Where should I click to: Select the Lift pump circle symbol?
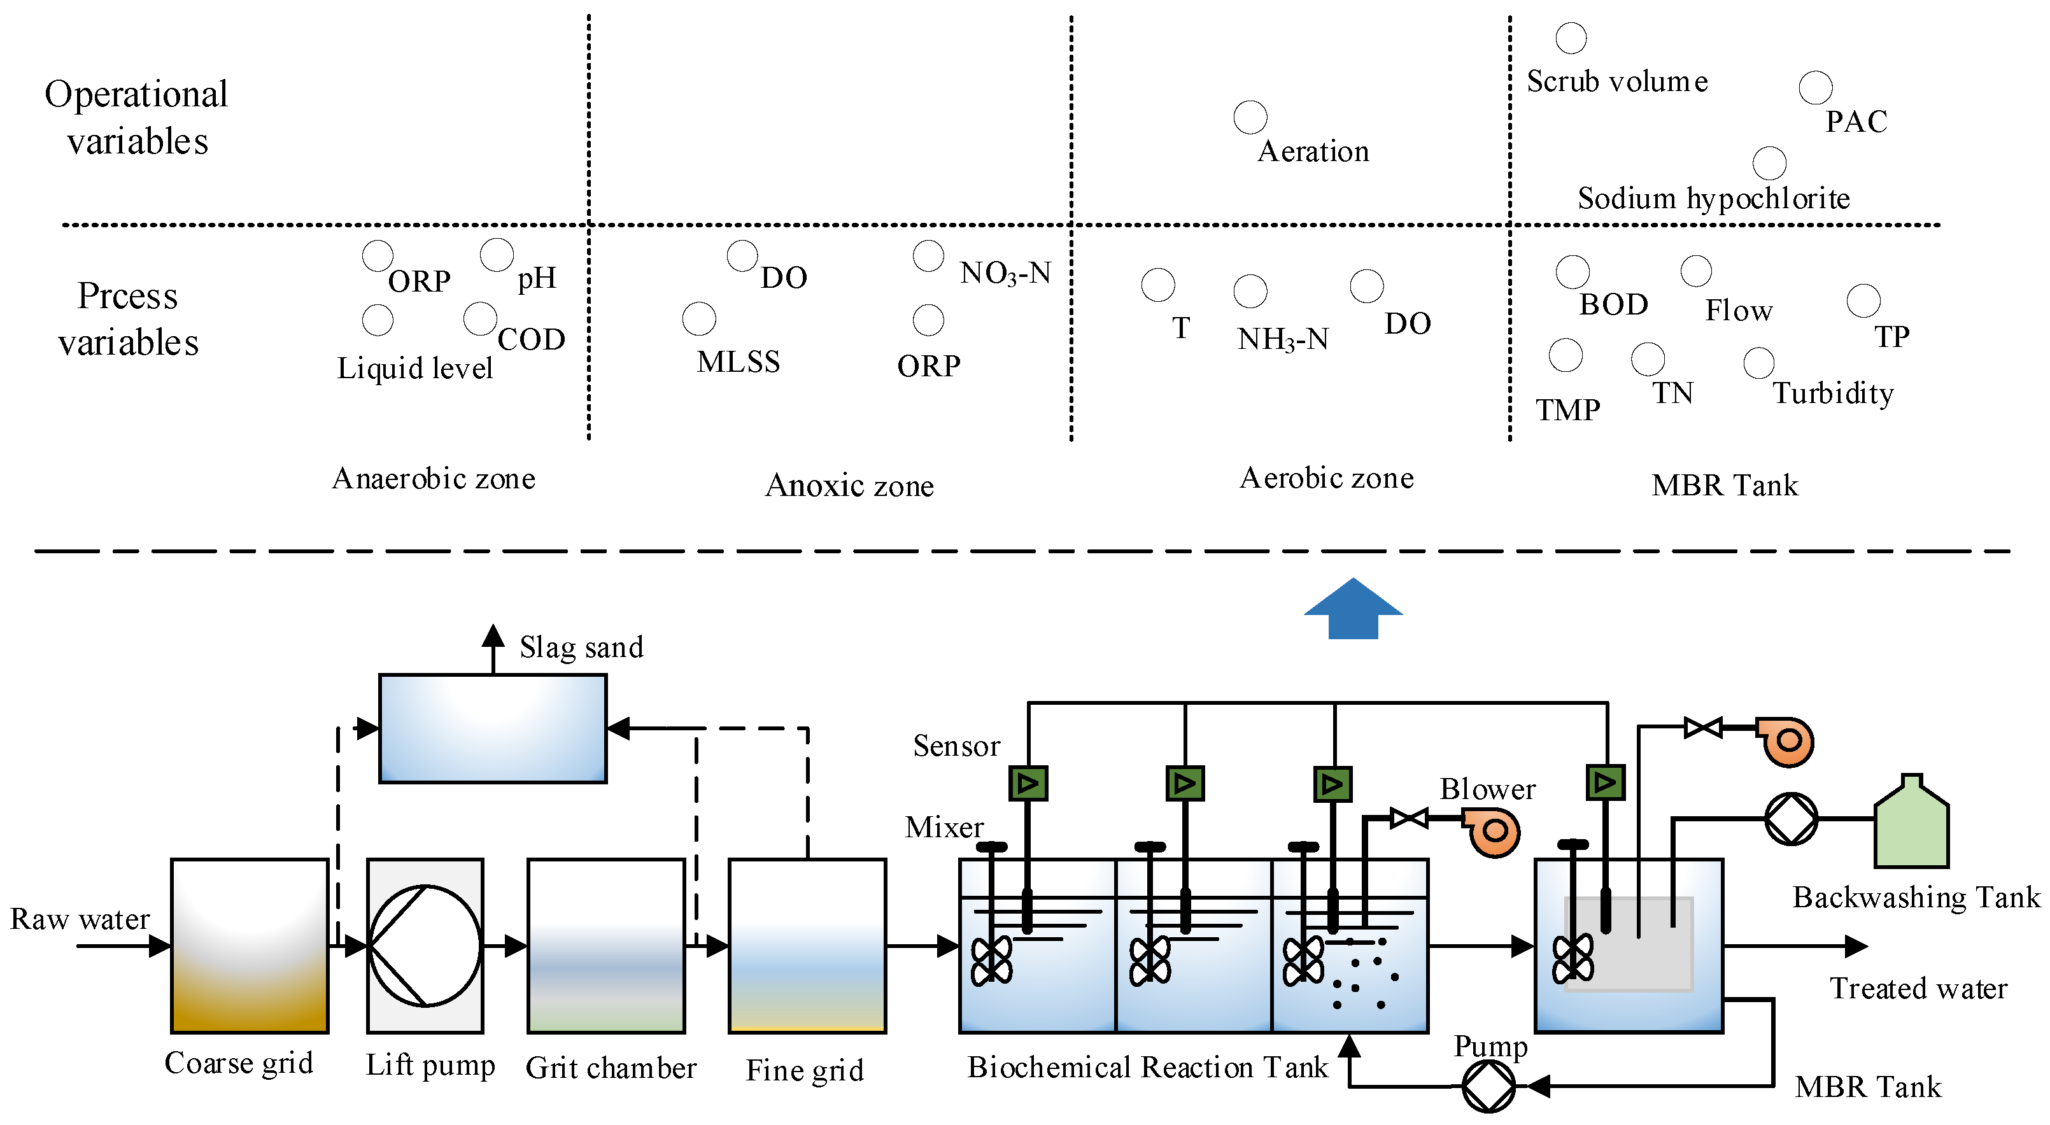(x=425, y=946)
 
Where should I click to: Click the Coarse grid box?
(x=250, y=946)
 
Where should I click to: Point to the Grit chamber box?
(x=606, y=946)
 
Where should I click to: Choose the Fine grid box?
(x=807, y=946)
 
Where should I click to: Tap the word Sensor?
(x=956, y=746)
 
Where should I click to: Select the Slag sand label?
(x=581, y=647)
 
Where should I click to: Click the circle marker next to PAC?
(x=1815, y=87)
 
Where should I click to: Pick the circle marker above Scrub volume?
(x=1571, y=38)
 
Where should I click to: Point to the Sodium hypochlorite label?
(x=1713, y=198)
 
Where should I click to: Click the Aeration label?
(x=1313, y=151)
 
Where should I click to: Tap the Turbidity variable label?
(x=1833, y=393)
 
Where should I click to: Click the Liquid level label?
(x=414, y=369)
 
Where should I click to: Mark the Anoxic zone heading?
(x=849, y=485)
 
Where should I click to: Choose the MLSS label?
(x=739, y=362)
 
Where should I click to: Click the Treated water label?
(x=1918, y=988)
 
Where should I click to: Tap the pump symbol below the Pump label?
(x=1488, y=1086)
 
